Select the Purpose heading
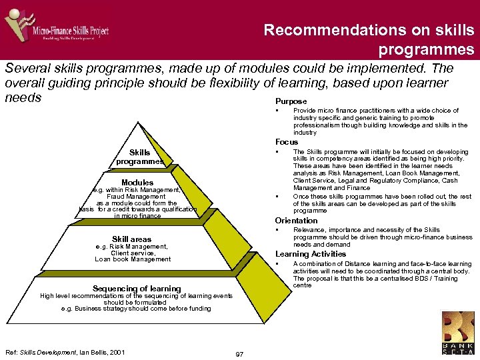[x=291, y=101]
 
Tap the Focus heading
[x=287, y=142]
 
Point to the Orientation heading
[x=297, y=221]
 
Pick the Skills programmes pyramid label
[x=139, y=157]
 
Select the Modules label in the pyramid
[x=137, y=183]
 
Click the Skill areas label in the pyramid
[x=131, y=239]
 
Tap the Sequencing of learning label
[x=137, y=289]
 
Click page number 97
[x=239, y=353]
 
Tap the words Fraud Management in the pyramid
[x=136, y=197]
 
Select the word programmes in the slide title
[x=427, y=49]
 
